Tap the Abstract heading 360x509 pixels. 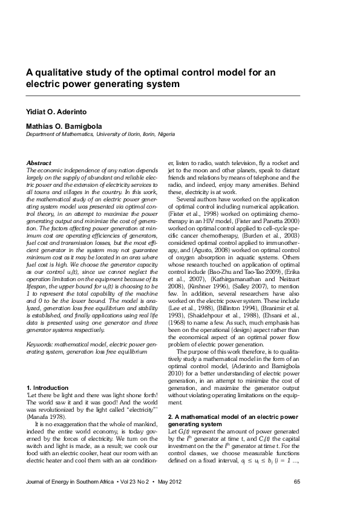point(39,163)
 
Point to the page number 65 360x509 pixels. point(296,482)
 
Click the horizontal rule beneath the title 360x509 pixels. point(163,96)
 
